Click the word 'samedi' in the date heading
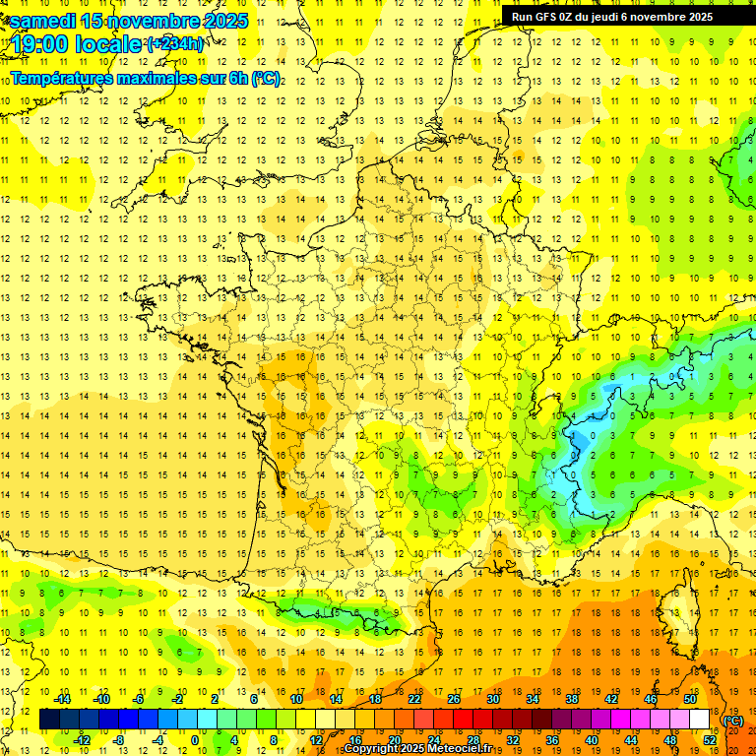(x=43, y=21)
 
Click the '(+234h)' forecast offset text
(x=175, y=44)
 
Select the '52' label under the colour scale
(x=710, y=739)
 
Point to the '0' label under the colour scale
(x=194, y=739)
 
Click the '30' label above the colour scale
(x=493, y=699)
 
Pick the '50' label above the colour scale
(x=690, y=699)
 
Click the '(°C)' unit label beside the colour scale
(x=732, y=721)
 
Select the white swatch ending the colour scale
(x=700, y=720)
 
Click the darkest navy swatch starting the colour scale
(x=49, y=720)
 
